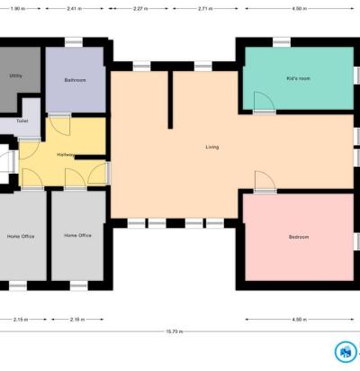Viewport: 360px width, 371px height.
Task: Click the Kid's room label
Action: click(x=298, y=78)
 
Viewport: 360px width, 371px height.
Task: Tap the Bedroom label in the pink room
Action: click(x=299, y=237)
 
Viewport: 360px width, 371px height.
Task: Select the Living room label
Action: click(x=212, y=147)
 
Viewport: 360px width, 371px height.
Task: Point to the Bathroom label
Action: click(x=75, y=80)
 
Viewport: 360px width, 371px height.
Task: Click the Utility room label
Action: click(x=15, y=76)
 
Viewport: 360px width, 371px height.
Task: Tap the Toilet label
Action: click(x=22, y=121)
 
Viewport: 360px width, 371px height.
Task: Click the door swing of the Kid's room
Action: click(x=264, y=102)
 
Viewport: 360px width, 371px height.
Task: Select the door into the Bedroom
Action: click(x=265, y=181)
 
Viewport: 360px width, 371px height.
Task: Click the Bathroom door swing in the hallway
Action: click(x=59, y=125)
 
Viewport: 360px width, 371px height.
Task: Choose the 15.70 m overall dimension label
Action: click(x=175, y=331)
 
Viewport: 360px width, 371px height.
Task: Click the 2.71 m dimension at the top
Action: click(x=205, y=9)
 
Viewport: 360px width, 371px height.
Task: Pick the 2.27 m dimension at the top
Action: click(x=140, y=9)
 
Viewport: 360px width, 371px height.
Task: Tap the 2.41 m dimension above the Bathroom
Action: click(x=74, y=9)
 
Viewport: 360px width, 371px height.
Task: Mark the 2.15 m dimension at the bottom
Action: click(x=21, y=320)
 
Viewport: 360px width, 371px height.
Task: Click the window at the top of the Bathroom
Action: click(x=74, y=42)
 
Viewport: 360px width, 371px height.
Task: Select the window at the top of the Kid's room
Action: click(x=282, y=42)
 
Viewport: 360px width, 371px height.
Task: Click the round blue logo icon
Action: click(x=346, y=351)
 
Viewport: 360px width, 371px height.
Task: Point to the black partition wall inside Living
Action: click(x=170, y=100)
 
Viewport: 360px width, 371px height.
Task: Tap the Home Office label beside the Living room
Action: click(x=77, y=236)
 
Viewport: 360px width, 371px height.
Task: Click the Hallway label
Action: click(x=66, y=155)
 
